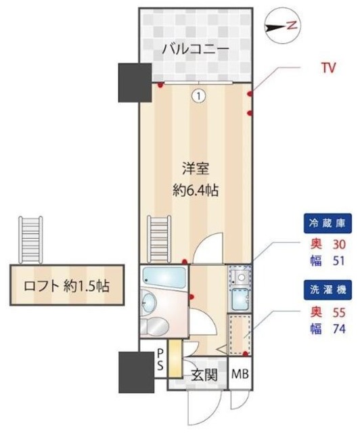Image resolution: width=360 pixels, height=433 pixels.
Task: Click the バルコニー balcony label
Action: click(x=195, y=49)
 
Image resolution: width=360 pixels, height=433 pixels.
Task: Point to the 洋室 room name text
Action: click(x=195, y=167)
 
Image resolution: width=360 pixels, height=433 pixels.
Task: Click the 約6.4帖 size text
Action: click(x=195, y=190)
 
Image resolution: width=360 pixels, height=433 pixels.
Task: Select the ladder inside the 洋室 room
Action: click(x=158, y=237)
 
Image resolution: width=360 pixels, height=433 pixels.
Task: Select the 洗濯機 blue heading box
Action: click(x=326, y=290)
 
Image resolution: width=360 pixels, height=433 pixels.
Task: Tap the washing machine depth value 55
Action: click(x=339, y=313)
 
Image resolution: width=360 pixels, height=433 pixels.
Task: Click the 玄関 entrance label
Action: click(x=203, y=376)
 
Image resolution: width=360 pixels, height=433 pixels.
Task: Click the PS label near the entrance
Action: click(x=160, y=359)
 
